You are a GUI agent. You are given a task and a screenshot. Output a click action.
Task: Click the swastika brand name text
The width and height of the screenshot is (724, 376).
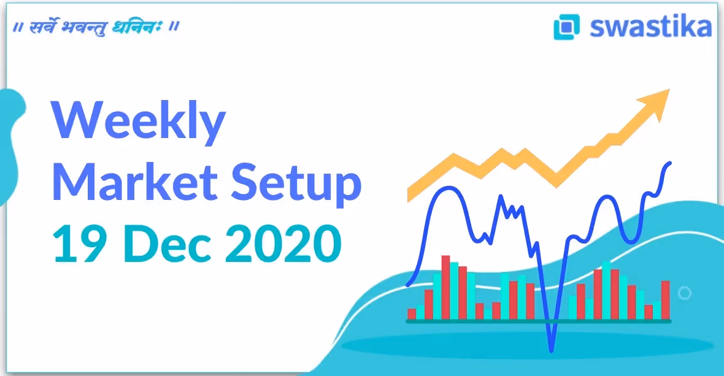coord(650,27)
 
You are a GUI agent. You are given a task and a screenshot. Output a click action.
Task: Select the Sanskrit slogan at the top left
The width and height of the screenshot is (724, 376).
coord(96,28)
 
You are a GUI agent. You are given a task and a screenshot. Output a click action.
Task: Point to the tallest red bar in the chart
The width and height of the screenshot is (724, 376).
coord(445,287)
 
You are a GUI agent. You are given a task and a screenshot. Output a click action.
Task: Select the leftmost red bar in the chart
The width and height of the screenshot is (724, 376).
coord(412,313)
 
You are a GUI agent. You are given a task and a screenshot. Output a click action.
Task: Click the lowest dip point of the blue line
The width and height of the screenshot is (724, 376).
coord(552,350)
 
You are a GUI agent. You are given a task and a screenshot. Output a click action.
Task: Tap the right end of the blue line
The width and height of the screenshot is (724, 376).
coord(669,163)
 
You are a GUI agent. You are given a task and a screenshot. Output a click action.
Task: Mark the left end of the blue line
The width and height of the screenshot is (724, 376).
coord(408,285)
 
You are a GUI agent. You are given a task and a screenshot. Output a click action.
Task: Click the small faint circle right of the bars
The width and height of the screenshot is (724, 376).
coord(685,293)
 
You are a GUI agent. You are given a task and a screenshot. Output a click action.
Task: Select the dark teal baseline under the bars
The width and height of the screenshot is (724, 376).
coord(539,321)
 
